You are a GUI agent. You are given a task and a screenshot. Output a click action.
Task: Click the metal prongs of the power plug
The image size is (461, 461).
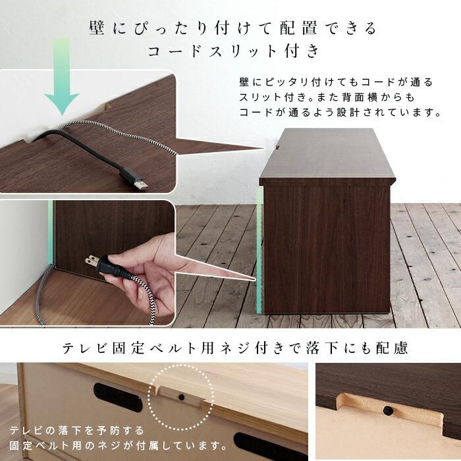point(90,261)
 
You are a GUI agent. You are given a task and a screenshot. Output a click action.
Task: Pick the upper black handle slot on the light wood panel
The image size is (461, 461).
point(119,397)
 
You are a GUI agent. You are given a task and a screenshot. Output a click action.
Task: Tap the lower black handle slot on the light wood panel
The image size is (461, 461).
point(263,443)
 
